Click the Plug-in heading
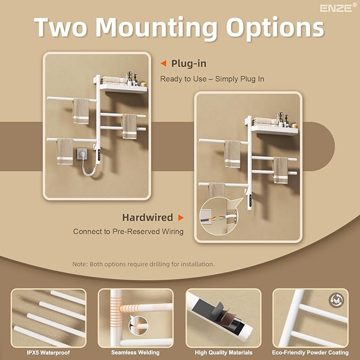(x=189, y=64)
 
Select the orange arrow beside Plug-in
(x=163, y=64)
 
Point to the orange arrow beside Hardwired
(x=181, y=217)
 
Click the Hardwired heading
(x=147, y=217)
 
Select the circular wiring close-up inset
(x=218, y=218)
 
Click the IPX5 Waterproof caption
(x=48, y=353)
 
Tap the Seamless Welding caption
(x=135, y=353)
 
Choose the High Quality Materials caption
(x=223, y=353)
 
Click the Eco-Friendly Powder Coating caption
(x=310, y=353)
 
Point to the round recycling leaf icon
(x=336, y=300)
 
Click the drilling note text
(x=143, y=264)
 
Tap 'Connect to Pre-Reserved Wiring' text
(x=128, y=231)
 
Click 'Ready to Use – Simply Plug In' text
(x=212, y=79)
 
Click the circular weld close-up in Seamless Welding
(x=138, y=326)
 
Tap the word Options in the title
(x=275, y=29)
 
